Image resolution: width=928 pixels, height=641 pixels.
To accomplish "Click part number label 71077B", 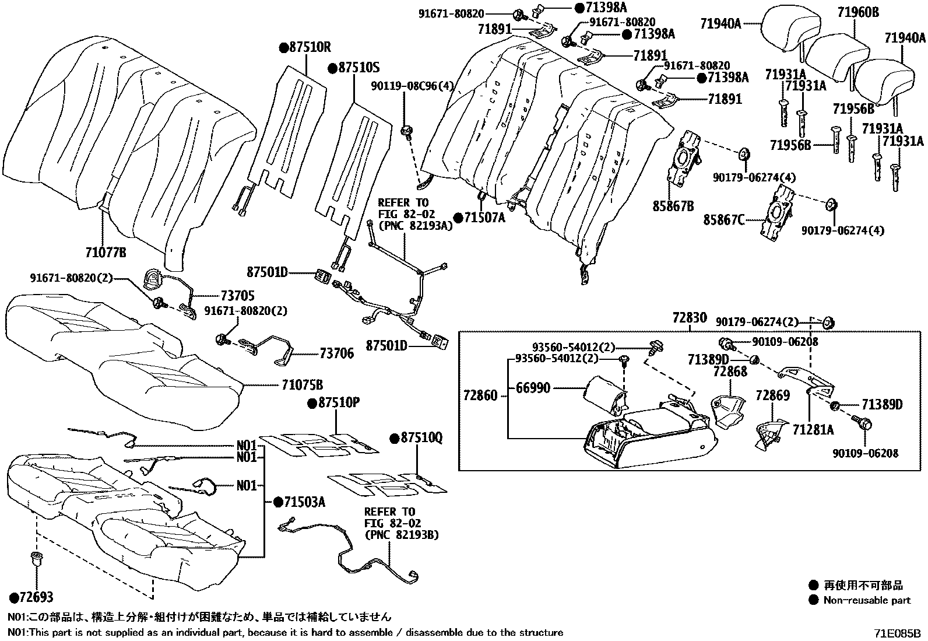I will coord(105,253).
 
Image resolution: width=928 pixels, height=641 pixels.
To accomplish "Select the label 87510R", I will coord(309,48).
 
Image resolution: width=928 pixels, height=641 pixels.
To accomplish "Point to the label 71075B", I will coord(302,385).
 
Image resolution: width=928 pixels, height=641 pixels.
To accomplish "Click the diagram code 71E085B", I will coord(897,633).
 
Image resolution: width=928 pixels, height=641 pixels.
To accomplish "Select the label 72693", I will coord(36,598).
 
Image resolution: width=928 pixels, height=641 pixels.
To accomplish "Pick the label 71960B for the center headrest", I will coord(859,11).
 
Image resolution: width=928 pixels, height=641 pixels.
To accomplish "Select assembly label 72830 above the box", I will coord(689,318).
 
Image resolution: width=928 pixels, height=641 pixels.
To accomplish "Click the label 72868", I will coord(730,372).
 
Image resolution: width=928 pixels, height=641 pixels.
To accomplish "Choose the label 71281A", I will coord(813,430).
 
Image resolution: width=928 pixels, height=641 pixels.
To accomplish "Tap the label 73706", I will coord(336,353).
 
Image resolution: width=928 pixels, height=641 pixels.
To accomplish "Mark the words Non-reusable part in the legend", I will coord(867,600).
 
